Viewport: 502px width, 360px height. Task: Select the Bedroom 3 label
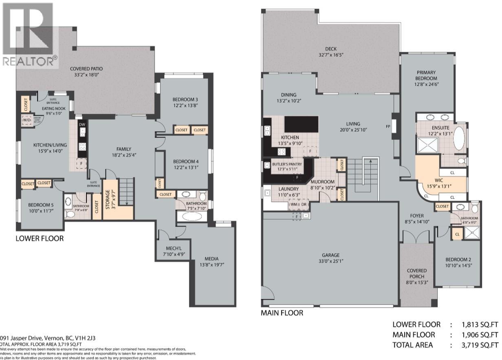185,99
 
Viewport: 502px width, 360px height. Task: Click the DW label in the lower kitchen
82,125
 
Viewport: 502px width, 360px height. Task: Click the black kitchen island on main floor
301,124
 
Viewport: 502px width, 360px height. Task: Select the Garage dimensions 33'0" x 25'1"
330,261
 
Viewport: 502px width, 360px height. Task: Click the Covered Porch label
416,273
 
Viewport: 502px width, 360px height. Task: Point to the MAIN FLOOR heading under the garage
282,313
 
